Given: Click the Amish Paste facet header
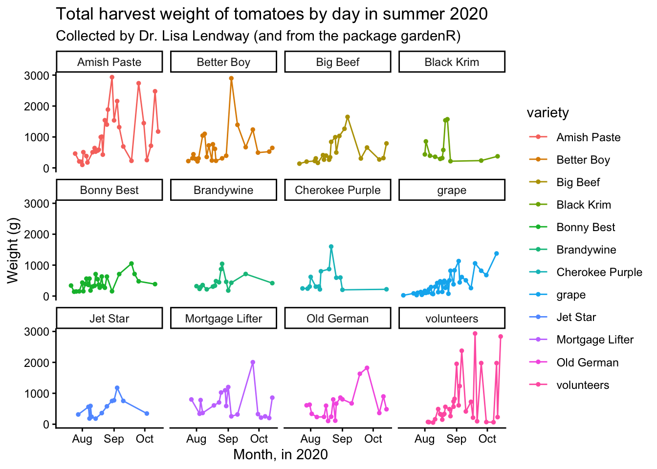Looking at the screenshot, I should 109,62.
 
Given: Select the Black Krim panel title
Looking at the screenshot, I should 452,62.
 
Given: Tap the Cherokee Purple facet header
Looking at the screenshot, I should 337,190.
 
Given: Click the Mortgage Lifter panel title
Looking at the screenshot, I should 223,319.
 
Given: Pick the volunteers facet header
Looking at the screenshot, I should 452,319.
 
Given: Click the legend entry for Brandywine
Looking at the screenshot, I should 586,250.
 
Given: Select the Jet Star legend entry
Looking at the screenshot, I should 576,317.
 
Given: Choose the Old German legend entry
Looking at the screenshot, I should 587,362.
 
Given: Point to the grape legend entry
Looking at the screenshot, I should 570,295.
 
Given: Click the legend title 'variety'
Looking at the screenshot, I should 547,113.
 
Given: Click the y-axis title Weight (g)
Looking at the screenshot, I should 13,251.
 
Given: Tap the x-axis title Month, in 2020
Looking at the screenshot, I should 281,454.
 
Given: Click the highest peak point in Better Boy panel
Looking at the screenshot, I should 231,78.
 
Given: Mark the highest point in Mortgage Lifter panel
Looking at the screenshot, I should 253,362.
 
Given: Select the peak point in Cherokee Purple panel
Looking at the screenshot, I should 331,247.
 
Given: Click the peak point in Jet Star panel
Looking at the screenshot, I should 117,388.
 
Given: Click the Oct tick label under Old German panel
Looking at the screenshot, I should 373,439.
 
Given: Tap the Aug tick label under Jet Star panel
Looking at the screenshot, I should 82,439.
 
